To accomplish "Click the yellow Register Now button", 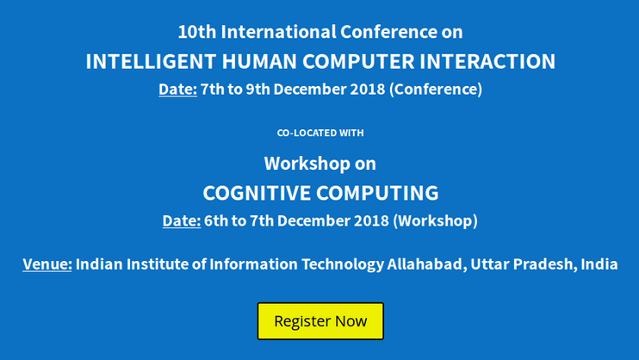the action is click(x=320, y=321).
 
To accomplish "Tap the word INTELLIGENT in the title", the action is click(x=151, y=61).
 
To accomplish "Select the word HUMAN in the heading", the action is click(x=259, y=61).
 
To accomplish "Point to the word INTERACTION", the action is click(x=487, y=61).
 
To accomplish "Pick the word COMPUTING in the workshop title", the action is click(x=377, y=193).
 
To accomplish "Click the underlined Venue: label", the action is click(x=47, y=264).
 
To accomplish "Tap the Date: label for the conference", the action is click(x=177, y=90).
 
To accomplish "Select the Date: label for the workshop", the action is click(x=182, y=221).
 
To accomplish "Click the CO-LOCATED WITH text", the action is click(x=320, y=133).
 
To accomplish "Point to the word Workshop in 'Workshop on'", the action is click(x=307, y=164).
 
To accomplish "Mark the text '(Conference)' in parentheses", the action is click(x=436, y=90).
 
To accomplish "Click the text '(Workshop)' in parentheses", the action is click(x=435, y=221).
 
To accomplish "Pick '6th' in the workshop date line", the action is click(x=216, y=221).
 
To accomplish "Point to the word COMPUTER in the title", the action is click(x=358, y=61).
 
